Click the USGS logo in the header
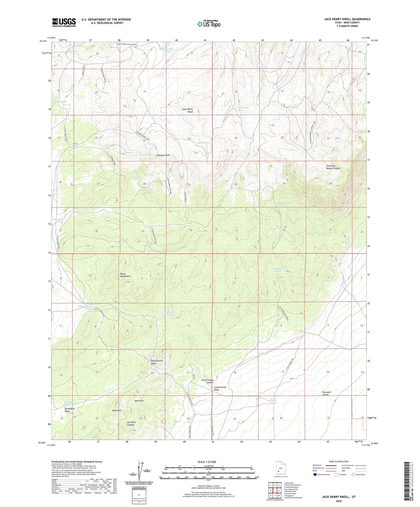tap(64, 22)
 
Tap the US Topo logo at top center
tap(208, 24)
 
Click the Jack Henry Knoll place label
tap(187, 110)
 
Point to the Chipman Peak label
tap(163, 155)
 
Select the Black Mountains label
tap(125, 275)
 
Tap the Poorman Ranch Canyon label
tap(333, 167)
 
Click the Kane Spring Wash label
tap(157, 362)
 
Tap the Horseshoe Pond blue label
tap(167, 50)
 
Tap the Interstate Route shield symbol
tap(316, 474)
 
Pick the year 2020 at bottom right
tap(339, 501)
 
